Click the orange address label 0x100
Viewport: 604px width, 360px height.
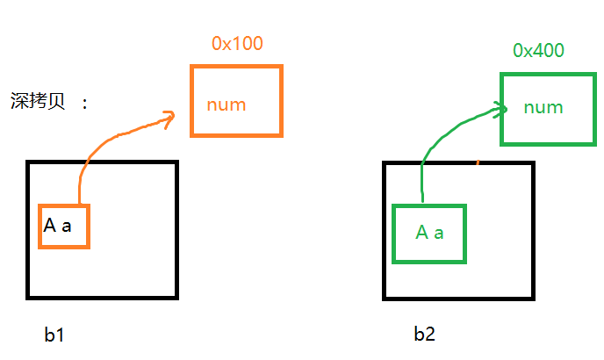[237, 42]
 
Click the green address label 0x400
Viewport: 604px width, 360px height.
[538, 50]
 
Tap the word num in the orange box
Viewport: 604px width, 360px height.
[226, 105]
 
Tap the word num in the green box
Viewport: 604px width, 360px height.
[543, 107]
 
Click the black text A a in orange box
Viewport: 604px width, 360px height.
[57, 226]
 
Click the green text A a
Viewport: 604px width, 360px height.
[429, 233]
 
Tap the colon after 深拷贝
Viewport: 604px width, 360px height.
[84, 103]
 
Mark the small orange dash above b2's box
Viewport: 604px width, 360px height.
[478, 162]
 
